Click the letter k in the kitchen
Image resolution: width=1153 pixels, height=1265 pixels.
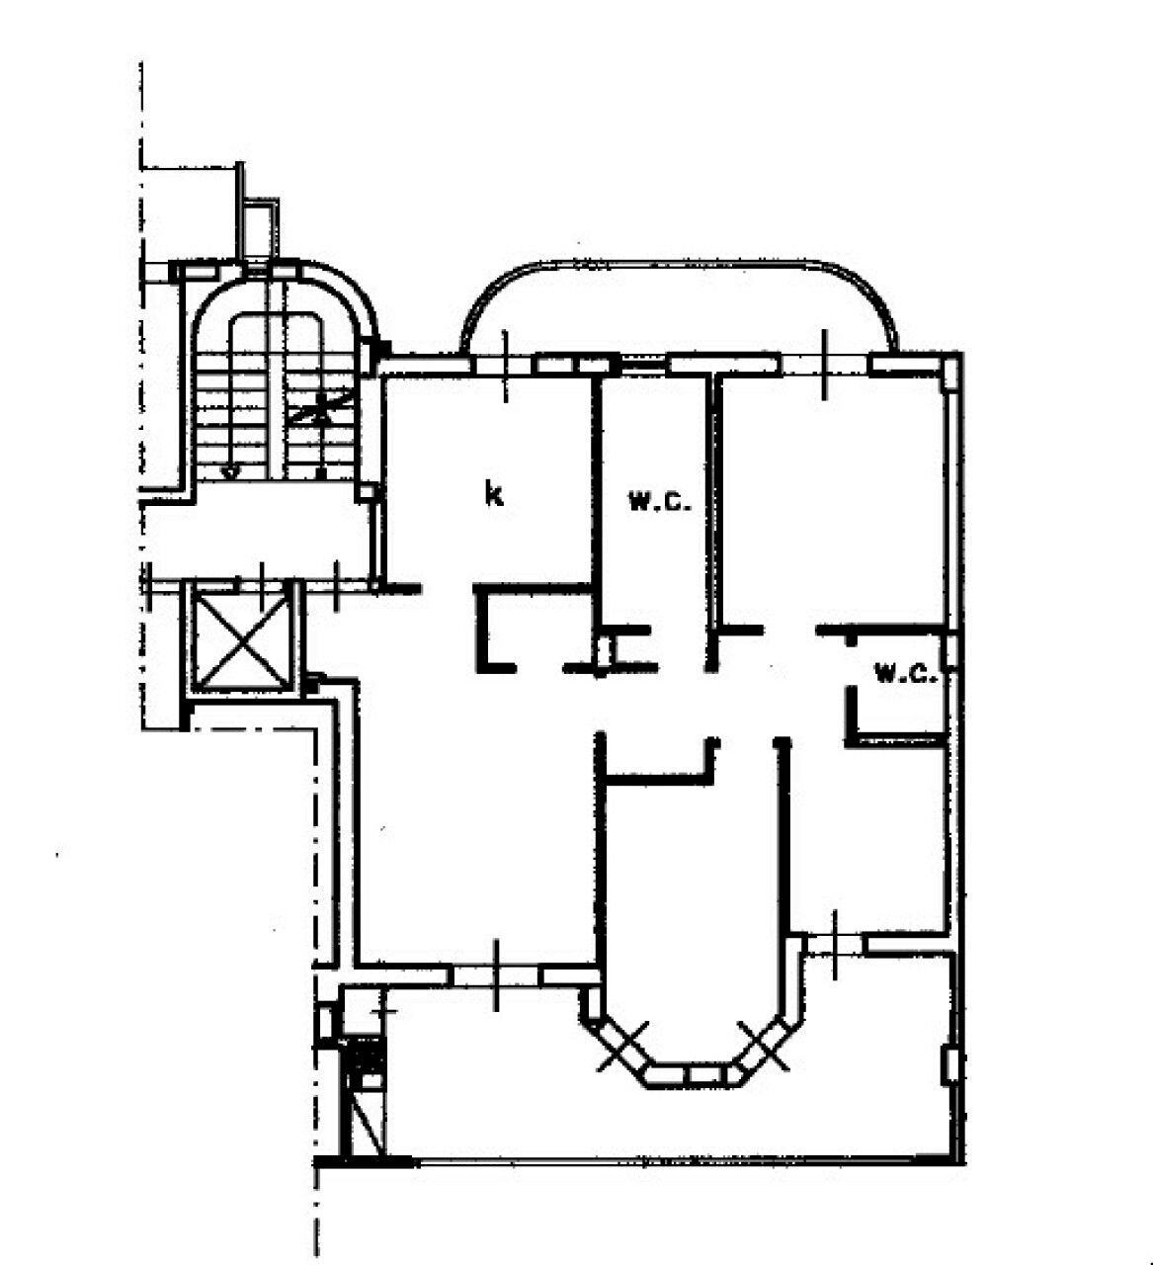click(x=494, y=494)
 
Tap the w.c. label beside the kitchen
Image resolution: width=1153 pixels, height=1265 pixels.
click(x=660, y=501)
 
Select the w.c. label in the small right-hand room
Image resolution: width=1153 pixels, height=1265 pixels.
click(x=905, y=675)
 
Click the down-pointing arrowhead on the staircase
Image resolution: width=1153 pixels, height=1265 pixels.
click(x=229, y=472)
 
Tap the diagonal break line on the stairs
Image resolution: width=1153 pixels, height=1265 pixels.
click(x=321, y=405)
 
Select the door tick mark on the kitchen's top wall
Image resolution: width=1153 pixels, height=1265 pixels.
click(x=505, y=366)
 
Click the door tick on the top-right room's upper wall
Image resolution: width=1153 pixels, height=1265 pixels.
click(x=825, y=366)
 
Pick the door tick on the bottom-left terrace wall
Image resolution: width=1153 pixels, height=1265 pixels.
click(x=496, y=975)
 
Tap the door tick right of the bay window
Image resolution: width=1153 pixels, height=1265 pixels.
click(x=836, y=944)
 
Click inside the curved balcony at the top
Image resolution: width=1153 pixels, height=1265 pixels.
click(x=682, y=311)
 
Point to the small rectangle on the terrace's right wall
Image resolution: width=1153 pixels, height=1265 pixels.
click(x=950, y=1064)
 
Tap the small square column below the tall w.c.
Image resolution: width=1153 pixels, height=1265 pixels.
click(x=605, y=652)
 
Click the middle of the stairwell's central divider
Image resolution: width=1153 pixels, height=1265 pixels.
click(x=276, y=395)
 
